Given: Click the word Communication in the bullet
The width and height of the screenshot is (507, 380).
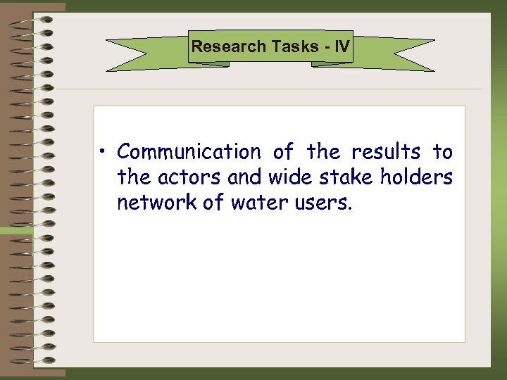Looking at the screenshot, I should (x=189, y=152).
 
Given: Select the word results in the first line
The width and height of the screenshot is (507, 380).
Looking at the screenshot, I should (x=385, y=152).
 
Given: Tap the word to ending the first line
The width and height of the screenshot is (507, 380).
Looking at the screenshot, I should (x=442, y=152).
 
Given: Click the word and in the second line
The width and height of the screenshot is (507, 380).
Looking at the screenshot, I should (x=246, y=177).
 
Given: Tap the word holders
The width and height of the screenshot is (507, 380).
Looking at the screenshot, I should (x=416, y=177).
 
